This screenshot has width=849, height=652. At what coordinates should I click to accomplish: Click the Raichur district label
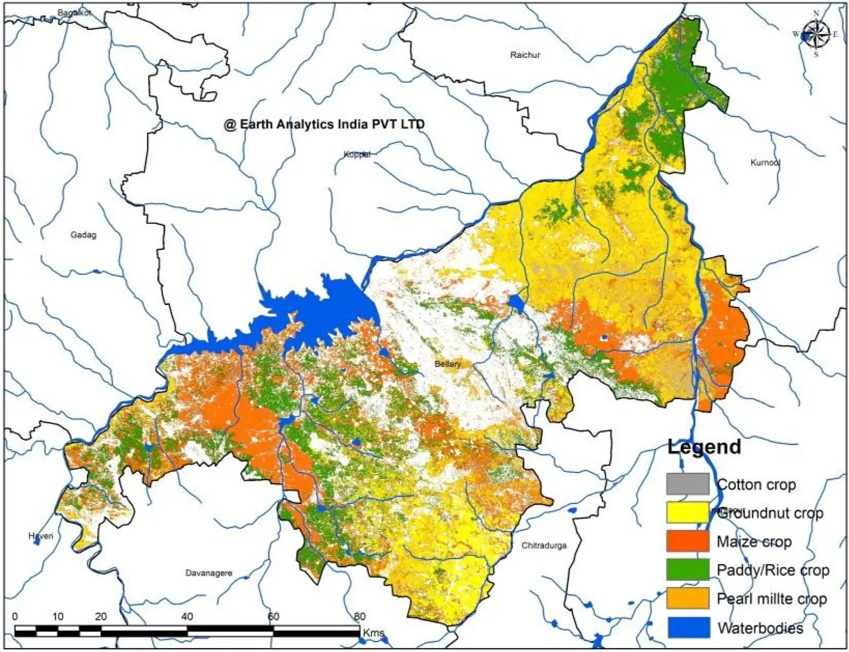pyautogui.click(x=524, y=55)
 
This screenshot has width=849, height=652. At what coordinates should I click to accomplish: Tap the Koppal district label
pyautogui.click(x=357, y=155)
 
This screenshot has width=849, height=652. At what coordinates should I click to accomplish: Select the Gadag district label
pyautogui.click(x=84, y=235)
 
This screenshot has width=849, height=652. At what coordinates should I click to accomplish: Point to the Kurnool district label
pyautogui.click(x=765, y=162)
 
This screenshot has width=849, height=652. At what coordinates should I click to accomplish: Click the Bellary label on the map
pyautogui.click(x=448, y=364)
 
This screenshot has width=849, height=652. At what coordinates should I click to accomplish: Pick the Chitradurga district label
pyautogui.click(x=544, y=545)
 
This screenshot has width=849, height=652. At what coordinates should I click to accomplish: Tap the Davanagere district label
pyautogui.click(x=208, y=573)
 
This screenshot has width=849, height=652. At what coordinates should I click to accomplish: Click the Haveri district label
pyautogui.click(x=41, y=536)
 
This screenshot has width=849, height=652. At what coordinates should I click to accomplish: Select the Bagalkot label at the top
pyautogui.click(x=74, y=13)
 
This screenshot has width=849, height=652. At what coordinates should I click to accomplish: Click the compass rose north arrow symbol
pyautogui.click(x=816, y=34)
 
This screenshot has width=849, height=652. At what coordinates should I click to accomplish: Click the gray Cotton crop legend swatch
pyautogui.click(x=687, y=484)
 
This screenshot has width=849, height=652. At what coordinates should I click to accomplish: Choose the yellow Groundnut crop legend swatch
pyautogui.click(x=687, y=513)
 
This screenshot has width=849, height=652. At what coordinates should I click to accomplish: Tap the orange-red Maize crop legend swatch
pyautogui.click(x=687, y=541)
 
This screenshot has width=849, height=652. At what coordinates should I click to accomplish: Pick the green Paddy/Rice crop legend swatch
pyautogui.click(x=687, y=570)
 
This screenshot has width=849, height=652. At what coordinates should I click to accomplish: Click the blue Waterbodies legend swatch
pyautogui.click(x=689, y=627)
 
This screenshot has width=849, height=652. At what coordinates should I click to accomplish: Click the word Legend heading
pyautogui.click(x=704, y=447)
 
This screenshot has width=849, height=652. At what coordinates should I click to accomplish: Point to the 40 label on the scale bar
pyautogui.click(x=187, y=617)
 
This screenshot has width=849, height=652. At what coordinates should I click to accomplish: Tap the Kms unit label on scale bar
pyautogui.click(x=374, y=633)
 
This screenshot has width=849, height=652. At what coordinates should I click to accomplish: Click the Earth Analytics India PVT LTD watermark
pyautogui.click(x=324, y=124)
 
